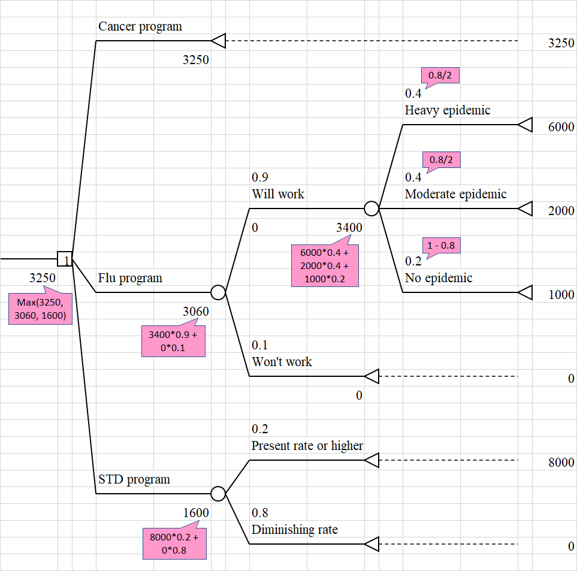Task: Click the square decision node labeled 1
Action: tap(65, 259)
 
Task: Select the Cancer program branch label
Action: tap(140, 26)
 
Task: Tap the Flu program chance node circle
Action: tap(218, 292)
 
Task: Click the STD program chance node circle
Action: tap(218, 494)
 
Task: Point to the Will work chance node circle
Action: tap(371, 209)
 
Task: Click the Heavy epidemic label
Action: tap(447, 110)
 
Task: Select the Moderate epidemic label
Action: tap(455, 194)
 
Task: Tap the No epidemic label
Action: tap(439, 278)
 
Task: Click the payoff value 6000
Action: tap(561, 127)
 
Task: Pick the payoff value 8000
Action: tap(561, 463)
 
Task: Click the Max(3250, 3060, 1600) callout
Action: tap(41, 309)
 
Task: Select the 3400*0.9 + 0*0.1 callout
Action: tap(173, 340)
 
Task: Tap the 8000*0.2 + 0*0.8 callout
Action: tap(174, 543)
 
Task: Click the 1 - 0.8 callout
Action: tap(442, 246)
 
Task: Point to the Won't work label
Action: tap(282, 362)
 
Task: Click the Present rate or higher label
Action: tap(307, 446)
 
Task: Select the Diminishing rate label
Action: tap(294, 530)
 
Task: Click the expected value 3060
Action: tap(196, 311)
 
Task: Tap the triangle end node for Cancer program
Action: tap(218, 41)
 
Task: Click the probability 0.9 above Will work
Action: tap(260, 177)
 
